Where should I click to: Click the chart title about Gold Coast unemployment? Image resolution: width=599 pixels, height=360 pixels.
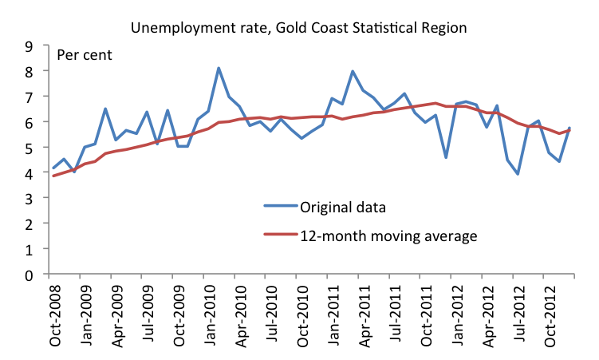pyautogui.click(x=299, y=27)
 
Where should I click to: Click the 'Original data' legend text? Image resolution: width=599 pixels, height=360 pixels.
pyautogui.click(x=343, y=207)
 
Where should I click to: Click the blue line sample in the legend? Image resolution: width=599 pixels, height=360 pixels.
pyautogui.click(x=278, y=207)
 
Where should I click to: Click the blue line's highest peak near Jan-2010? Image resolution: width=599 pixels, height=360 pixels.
pyautogui.click(x=219, y=69)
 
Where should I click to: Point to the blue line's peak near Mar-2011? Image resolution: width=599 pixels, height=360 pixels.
pyautogui.click(x=353, y=71)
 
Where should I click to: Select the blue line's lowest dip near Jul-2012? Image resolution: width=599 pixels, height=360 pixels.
pyautogui.click(x=518, y=174)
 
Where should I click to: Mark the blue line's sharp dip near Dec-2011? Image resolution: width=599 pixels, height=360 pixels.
pyautogui.click(x=446, y=157)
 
